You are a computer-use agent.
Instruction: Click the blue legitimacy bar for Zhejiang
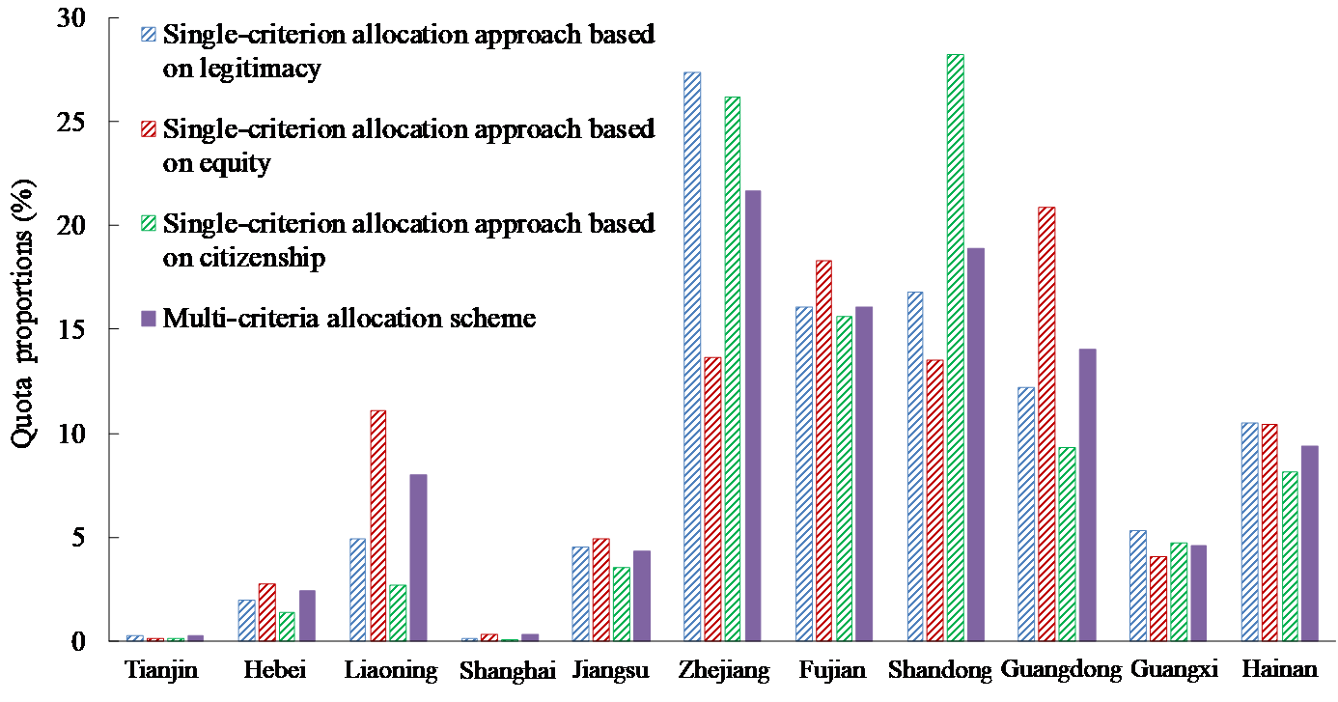click(692, 357)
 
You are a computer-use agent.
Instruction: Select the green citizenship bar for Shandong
click(955, 348)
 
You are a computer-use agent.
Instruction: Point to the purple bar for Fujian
click(865, 474)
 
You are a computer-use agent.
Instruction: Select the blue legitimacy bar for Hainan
click(1249, 532)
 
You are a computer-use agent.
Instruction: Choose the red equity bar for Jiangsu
click(601, 590)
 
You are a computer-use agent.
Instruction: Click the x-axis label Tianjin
click(162, 671)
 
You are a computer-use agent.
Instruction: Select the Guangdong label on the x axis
click(1061, 671)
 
